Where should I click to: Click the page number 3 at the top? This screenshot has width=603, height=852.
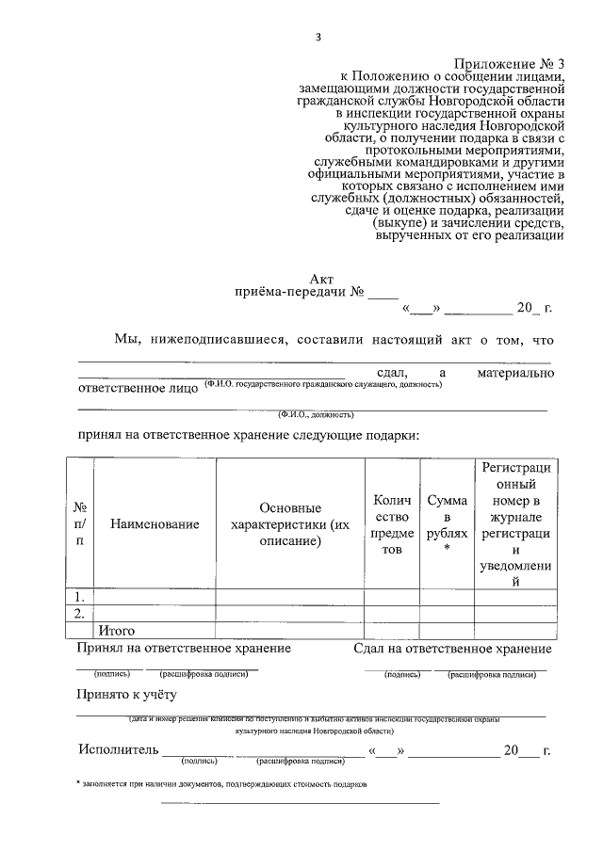(x=318, y=37)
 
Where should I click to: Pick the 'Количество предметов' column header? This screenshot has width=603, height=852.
(x=391, y=523)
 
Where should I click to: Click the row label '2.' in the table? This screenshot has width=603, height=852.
(x=80, y=614)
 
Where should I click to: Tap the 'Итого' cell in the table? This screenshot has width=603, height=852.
(x=117, y=630)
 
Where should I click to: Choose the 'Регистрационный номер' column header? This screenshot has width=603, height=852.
(x=515, y=523)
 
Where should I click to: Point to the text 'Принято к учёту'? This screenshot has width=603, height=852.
(x=127, y=695)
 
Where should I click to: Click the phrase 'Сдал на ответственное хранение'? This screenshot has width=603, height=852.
(x=453, y=649)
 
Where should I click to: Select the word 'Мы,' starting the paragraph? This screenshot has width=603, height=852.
(x=128, y=339)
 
